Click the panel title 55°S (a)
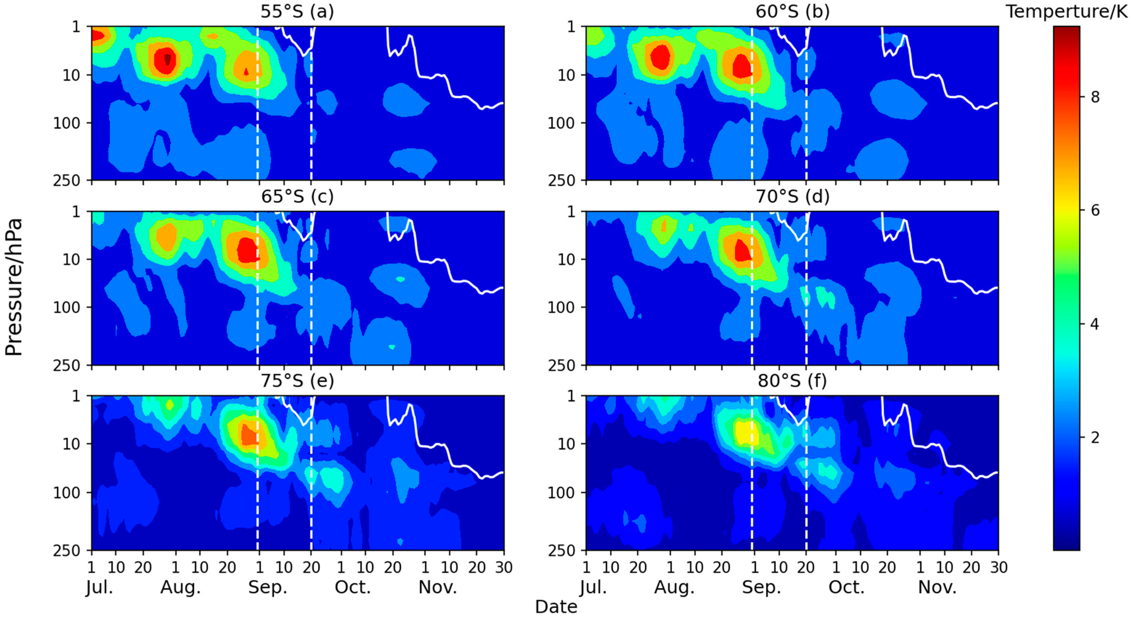pos(297,11)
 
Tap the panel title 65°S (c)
pos(297,196)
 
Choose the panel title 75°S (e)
pos(297,381)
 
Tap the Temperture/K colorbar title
pos(1067,11)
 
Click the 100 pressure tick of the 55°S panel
pos(67,123)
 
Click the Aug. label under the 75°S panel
pos(180,587)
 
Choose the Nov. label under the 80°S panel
pos(937,587)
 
